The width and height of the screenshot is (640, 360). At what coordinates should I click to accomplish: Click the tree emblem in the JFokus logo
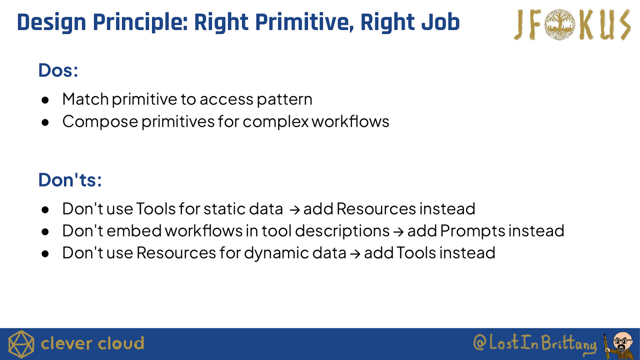(560, 24)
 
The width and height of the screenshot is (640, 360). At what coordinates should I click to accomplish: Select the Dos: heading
(58, 70)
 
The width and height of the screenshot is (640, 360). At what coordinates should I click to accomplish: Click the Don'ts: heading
(70, 180)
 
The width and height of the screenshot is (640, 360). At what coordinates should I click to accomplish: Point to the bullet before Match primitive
(45, 100)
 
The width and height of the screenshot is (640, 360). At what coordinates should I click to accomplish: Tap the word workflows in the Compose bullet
(350, 121)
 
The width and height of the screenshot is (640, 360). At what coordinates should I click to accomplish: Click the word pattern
(284, 100)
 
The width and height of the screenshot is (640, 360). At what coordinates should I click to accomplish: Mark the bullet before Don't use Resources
(45, 254)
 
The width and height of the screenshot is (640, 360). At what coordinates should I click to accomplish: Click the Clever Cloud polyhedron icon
(21, 344)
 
